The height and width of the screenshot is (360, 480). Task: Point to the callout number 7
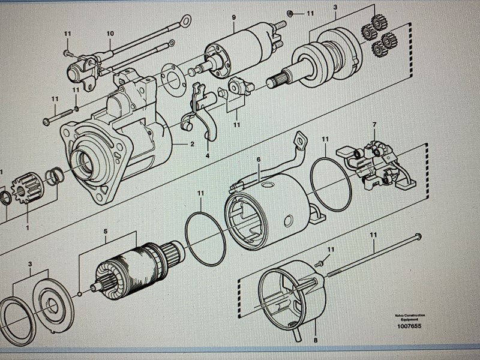[374, 125]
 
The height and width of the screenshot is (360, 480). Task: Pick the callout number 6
[259, 160]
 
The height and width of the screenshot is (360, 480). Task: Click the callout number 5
[105, 231]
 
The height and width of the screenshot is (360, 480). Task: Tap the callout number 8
[316, 340]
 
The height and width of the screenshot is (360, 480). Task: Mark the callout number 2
[192, 144]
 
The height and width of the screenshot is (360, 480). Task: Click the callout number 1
[26, 227]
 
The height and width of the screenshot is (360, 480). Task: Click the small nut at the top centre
[290, 13]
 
